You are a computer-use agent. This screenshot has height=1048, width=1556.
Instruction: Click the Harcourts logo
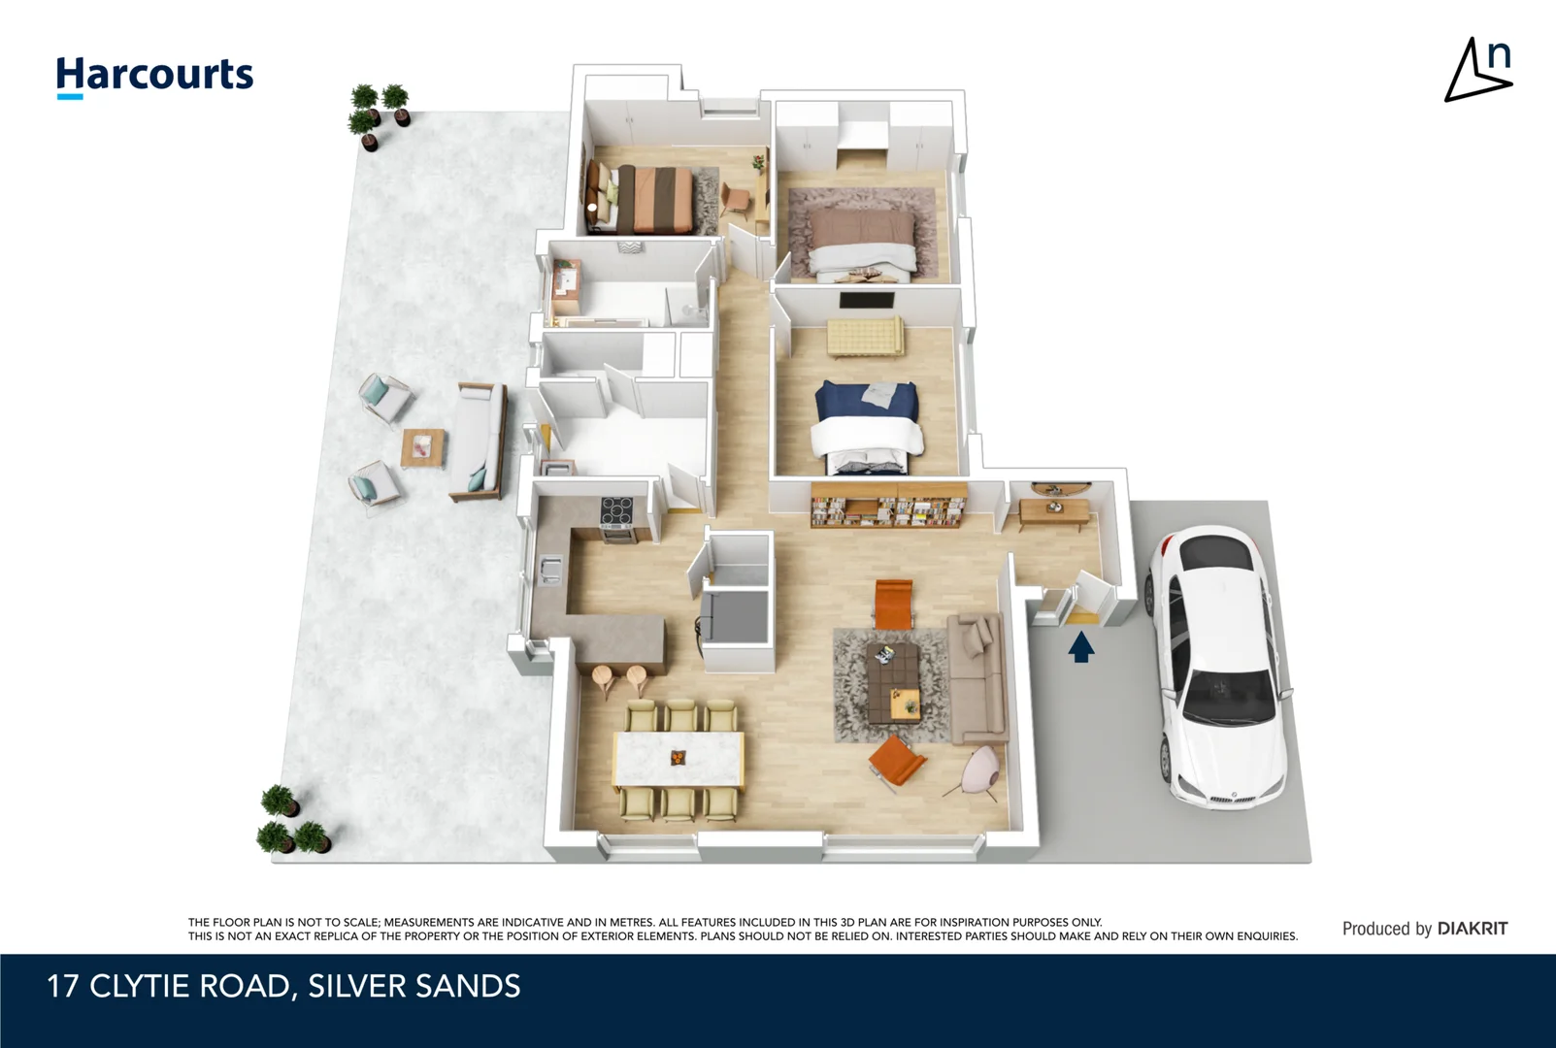click(x=154, y=76)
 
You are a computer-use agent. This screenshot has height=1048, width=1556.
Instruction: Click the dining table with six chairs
click(x=679, y=759)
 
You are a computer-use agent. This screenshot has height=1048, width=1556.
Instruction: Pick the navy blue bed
click(x=866, y=424)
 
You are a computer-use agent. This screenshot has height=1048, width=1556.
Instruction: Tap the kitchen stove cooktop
click(x=617, y=510)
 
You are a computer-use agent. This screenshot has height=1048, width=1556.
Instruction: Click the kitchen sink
click(x=550, y=569)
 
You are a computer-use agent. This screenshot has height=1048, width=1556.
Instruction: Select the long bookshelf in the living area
click(x=888, y=506)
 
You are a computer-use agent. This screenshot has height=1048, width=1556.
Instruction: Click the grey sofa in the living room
click(x=977, y=675)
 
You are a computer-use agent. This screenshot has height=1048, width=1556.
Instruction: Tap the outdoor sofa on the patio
click(x=479, y=441)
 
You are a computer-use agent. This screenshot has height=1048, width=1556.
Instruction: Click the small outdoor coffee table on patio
click(x=423, y=447)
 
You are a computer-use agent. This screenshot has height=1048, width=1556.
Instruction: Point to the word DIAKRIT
click(x=1472, y=929)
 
